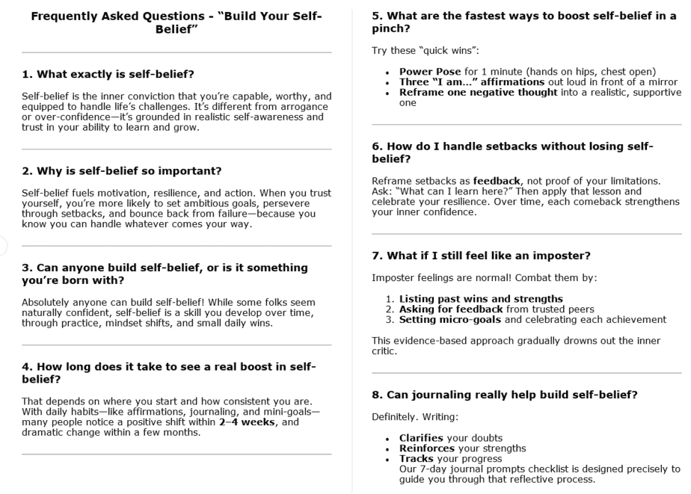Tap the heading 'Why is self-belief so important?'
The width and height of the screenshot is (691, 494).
pyautogui.click(x=122, y=171)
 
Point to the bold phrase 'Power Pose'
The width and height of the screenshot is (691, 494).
pyautogui.click(x=430, y=72)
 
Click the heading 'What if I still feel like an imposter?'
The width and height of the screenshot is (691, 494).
pyautogui.click(x=481, y=256)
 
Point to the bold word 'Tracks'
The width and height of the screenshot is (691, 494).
pyautogui.click(x=416, y=458)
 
